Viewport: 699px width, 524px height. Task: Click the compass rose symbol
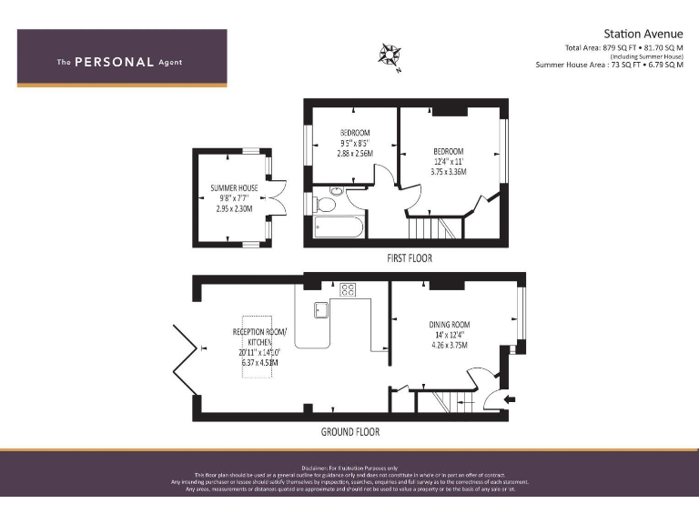[x=390, y=56]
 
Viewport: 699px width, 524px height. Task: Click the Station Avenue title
[x=643, y=34]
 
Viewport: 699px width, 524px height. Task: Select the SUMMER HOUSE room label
[x=234, y=188]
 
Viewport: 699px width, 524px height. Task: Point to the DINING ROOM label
[x=450, y=325]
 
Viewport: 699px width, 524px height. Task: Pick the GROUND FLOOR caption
[x=349, y=432]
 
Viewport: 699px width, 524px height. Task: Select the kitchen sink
[x=320, y=309]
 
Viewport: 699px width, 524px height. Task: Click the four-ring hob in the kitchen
[x=348, y=290]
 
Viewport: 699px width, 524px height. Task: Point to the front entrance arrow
[x=509, y=398]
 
